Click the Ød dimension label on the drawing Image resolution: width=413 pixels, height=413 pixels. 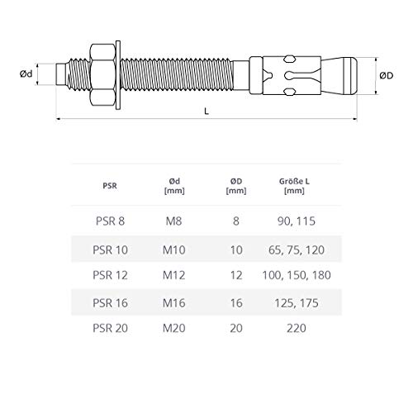click(x=26, y=74)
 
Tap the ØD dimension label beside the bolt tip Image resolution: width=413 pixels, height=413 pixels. click(x=387, y=75)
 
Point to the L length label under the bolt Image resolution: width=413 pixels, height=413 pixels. click(x=206, y=112)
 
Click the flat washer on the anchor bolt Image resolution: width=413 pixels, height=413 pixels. click(x=118, y=75)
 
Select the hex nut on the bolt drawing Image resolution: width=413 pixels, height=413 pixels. click(x=102, y=75)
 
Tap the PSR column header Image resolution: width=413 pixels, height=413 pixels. click(x=110, y=186)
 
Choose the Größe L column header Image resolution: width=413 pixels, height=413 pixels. click(x=294, y=186)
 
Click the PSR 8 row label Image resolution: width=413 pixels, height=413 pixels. click(x=110, y=221)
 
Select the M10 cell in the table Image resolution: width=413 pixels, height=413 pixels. click(x=174, y=250)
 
